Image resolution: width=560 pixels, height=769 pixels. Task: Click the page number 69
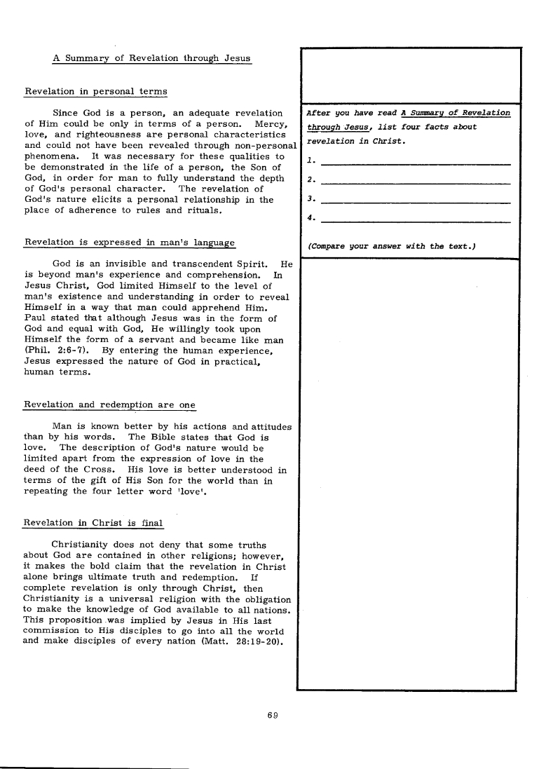pyautogui.click(x=273, y=715)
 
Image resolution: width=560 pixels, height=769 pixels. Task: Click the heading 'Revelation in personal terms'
pyautogui.click(x=96, y=91)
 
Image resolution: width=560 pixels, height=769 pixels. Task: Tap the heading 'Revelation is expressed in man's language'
pyautogui.click(x=130, y=243)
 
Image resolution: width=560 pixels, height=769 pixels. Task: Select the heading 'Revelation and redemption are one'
pyautogui.click(x=110, y=405)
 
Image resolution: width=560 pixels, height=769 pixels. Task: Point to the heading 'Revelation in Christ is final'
pyautogui.click(x=93, y=522)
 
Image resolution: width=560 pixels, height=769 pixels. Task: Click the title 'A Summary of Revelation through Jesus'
pyautogui.click(x=151, y=58)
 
